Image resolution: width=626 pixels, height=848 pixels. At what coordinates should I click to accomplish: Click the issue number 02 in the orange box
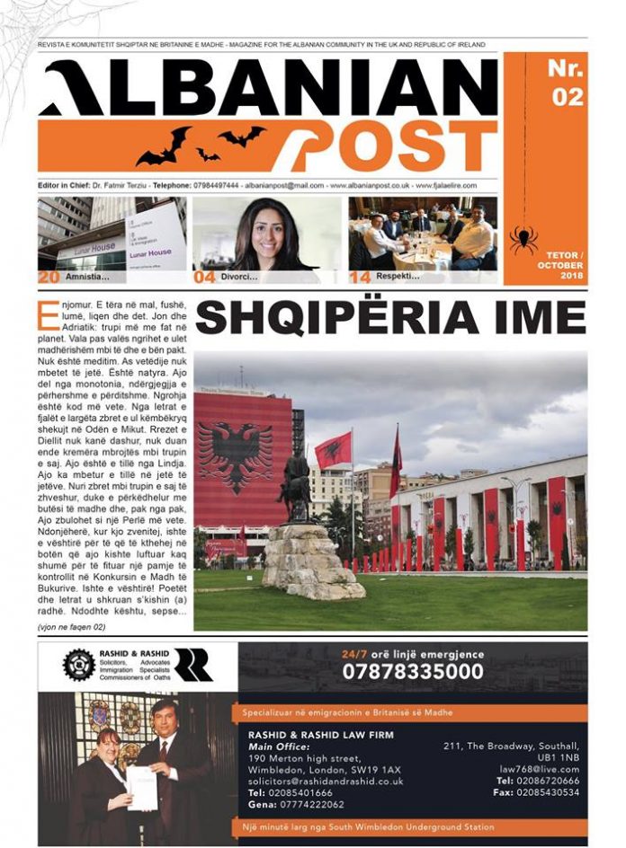(568, 96)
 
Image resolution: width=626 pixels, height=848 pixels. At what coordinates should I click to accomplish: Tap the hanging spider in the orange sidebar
(524, 240)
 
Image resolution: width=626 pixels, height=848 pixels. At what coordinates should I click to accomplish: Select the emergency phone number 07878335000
(412, 672)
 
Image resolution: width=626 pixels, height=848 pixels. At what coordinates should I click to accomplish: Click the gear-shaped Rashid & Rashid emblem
(78, 665)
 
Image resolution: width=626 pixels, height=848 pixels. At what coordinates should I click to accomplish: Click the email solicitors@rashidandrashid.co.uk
(325, 782)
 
